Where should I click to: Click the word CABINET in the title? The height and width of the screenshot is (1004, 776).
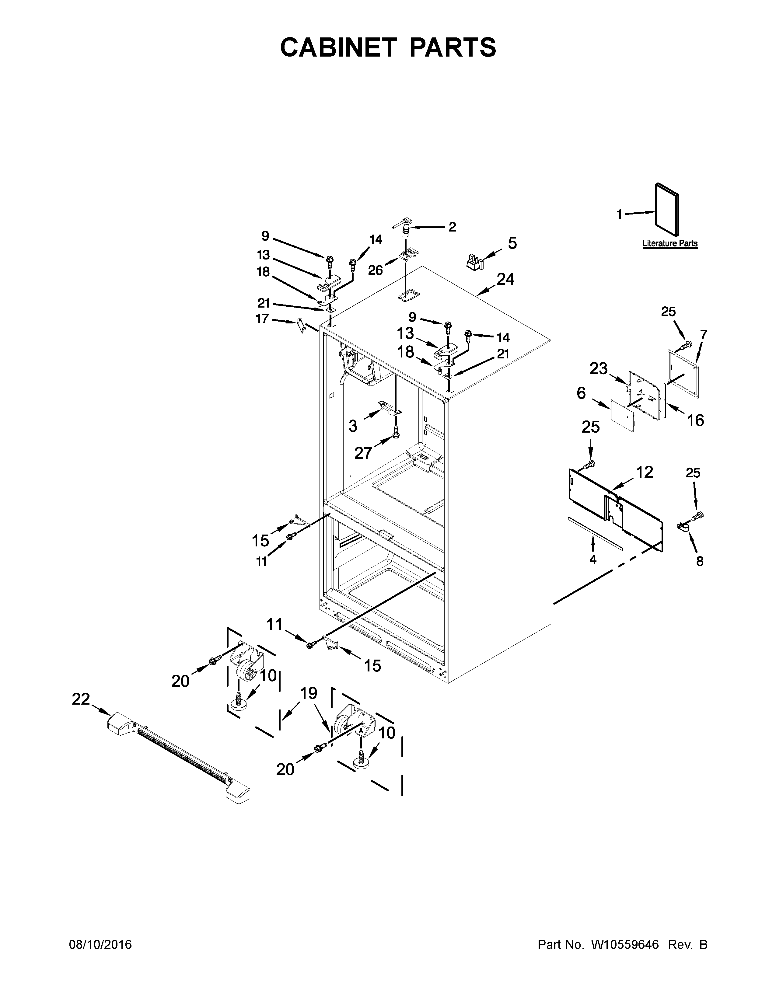(338, 47)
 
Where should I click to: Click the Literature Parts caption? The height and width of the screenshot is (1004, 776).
(670, 244)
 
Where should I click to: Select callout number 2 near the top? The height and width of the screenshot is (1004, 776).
(452, 227)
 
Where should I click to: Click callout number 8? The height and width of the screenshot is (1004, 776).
(700, 561)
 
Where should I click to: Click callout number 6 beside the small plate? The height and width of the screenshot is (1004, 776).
(581, 393)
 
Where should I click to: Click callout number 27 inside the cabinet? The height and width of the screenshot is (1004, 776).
(363, 453)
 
